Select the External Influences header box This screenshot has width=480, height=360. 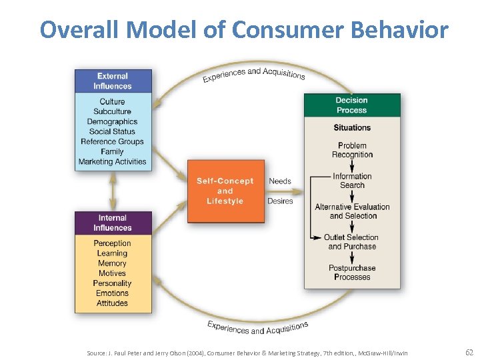click(113, 81)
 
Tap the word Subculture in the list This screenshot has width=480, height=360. click(112, 111)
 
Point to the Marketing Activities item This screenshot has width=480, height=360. click(112, 161)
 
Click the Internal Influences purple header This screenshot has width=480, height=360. click(113, 223)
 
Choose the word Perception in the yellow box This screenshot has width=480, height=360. click(112, 243)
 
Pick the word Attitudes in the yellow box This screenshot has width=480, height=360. click(112, 303)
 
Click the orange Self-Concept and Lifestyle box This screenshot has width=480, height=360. click(225, 191)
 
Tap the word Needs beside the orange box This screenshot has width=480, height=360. click(280, 181)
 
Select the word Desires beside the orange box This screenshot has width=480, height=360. click(280, 201)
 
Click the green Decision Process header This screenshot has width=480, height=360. click(351, 105)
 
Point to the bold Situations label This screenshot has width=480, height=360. click(352, 127)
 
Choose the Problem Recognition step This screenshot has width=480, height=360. click(352, 150)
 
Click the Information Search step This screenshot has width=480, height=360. click(352, 181)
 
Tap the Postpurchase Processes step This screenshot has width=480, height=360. click(352, 273)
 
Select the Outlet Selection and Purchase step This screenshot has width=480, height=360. click(352, 242)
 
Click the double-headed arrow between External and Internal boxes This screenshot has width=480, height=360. click(112, 191)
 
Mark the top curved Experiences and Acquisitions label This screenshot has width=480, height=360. click(254, 74)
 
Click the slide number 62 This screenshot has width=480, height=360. click(469, 352)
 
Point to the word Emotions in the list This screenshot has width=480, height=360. click(112, 293)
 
